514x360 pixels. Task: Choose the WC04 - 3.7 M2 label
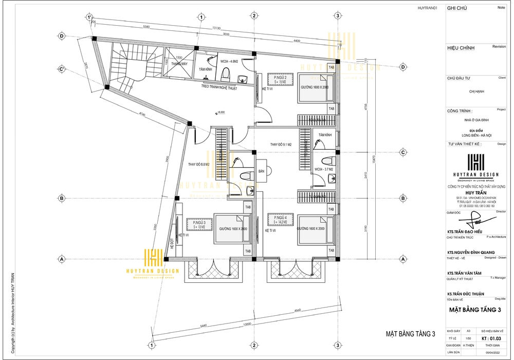click(324, 169)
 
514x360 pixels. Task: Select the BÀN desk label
click(261, 170)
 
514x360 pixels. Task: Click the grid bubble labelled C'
click(62, 68)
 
